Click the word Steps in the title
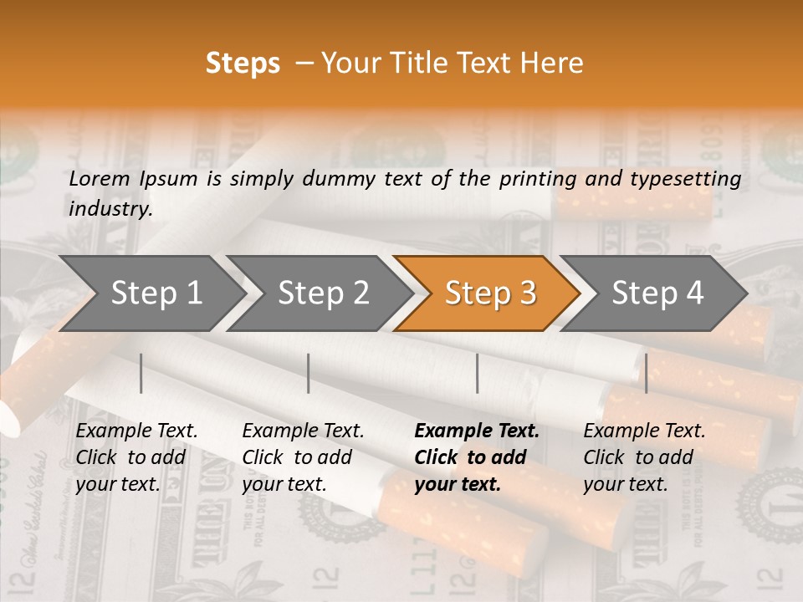point(243,64)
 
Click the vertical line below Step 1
point(141,373)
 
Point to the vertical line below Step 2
point(309,373)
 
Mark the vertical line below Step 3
point(478,373)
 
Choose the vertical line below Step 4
point(646,373)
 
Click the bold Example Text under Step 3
point(477,431)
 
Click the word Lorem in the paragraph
point(100,178)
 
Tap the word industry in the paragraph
point(110,208)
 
